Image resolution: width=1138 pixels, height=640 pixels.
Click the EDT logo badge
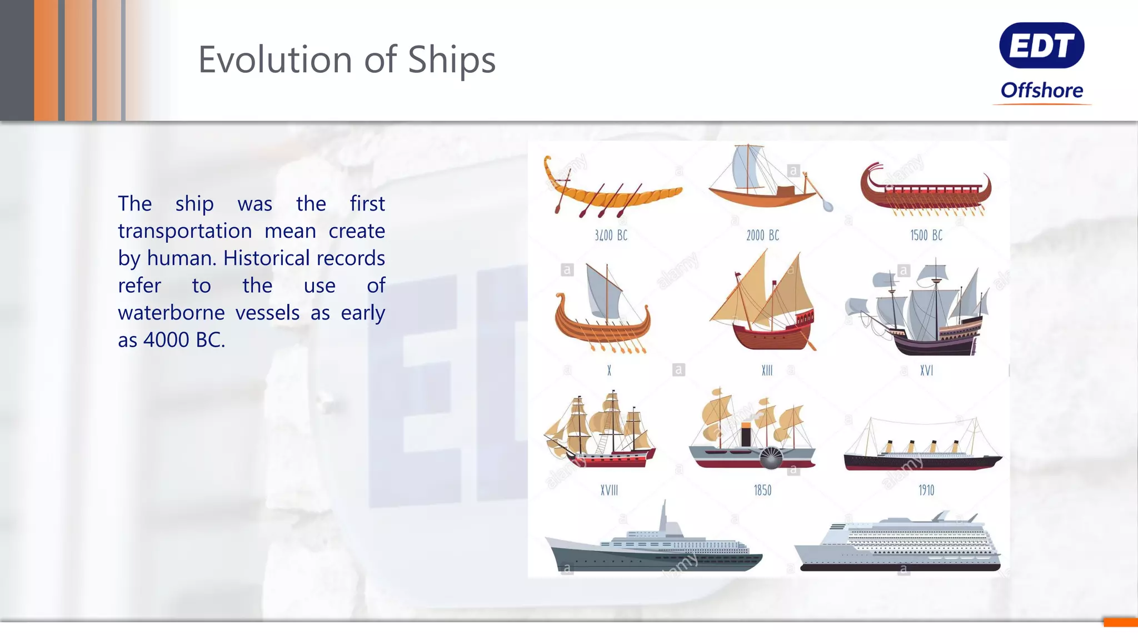(1041, 46)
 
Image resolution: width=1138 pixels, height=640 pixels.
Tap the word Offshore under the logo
(1041, 90)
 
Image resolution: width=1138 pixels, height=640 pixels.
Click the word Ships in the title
(451, 60)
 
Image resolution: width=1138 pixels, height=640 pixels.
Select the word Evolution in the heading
(275, 59)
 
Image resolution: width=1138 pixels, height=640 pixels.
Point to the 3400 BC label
(611, 236)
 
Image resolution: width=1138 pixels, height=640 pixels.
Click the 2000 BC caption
(762, 236)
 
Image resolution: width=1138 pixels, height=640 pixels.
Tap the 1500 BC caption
(926, 236)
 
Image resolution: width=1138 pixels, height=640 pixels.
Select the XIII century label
(767, 371)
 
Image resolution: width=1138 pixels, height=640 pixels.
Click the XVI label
(926, 371)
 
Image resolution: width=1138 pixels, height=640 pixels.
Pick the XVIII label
(609, 491)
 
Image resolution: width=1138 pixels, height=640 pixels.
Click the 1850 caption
(762, 491)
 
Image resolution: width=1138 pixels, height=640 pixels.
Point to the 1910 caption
(926, 491)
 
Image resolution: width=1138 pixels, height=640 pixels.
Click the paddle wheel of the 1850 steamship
(771, 458)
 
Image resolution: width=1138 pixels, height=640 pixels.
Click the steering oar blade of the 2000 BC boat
(827, 206)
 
